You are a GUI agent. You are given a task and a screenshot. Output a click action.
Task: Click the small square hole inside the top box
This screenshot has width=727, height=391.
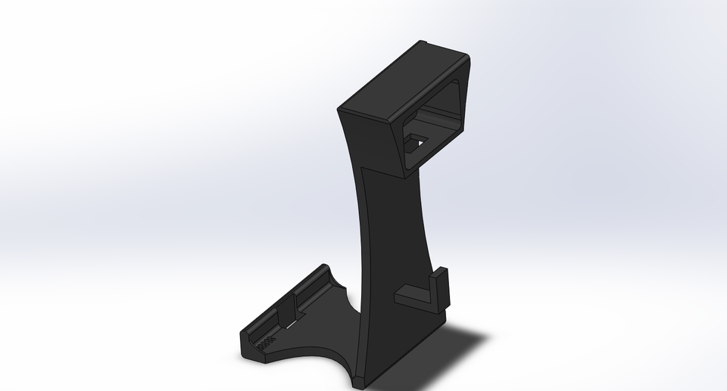click(416, 141)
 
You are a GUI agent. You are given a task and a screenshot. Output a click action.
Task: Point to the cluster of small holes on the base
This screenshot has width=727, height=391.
click(265, 342)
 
